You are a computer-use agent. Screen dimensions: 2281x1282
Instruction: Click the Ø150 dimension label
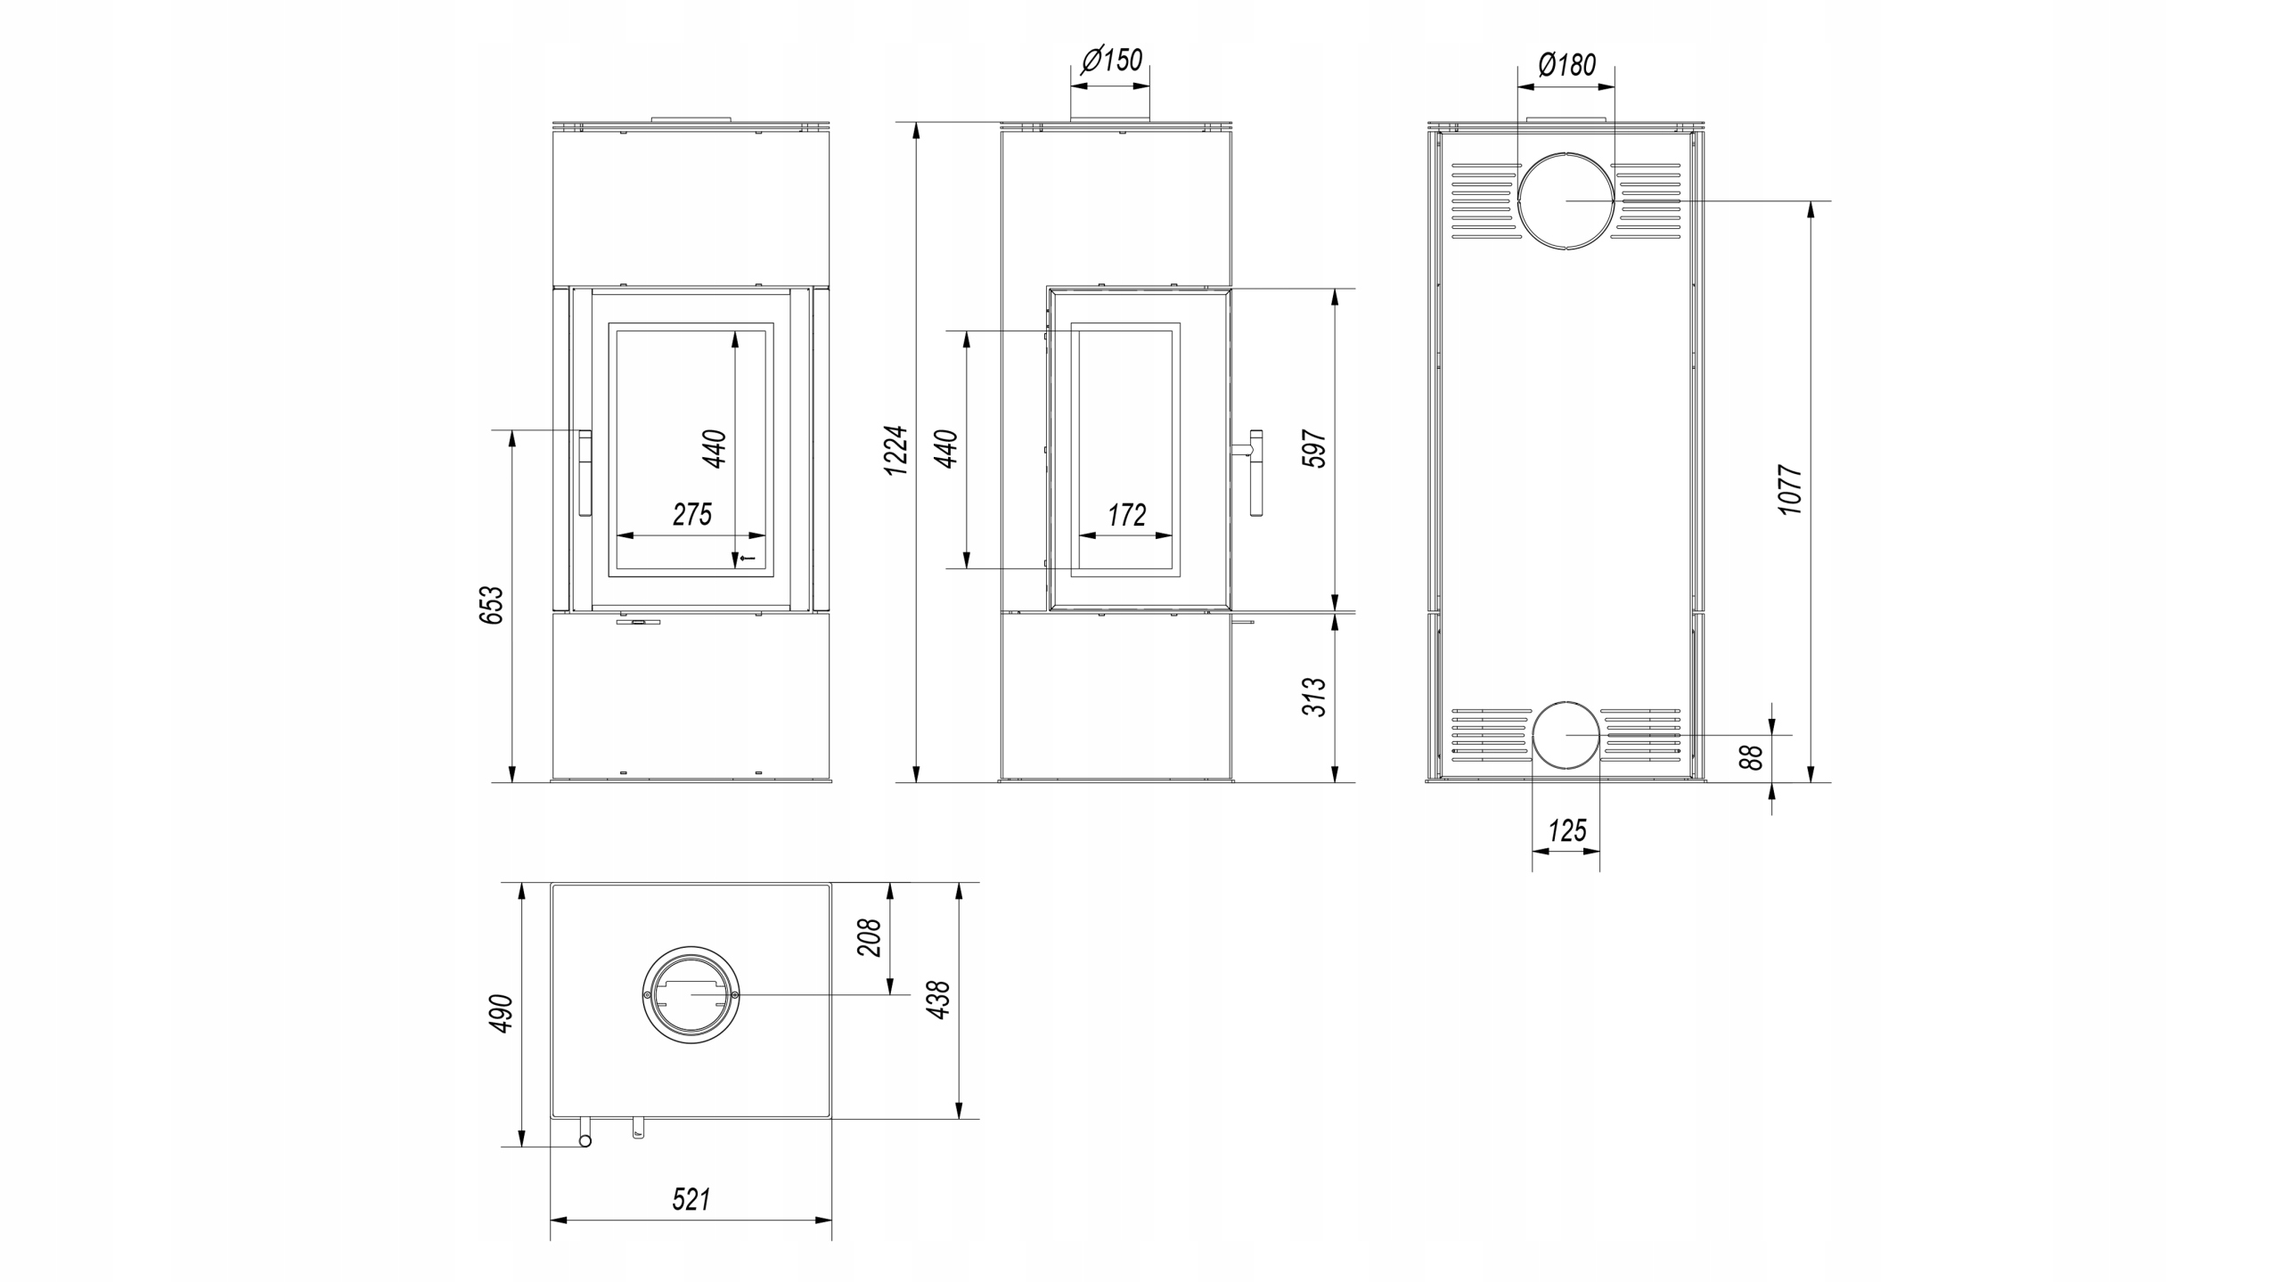click(1111, 61)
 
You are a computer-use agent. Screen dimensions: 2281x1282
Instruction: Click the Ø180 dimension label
click(1567, 64)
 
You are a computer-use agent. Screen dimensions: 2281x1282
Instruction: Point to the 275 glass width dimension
click(692, 514)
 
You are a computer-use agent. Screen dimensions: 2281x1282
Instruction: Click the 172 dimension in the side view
click(1127, 514)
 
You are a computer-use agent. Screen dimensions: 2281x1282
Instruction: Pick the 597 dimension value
click(1314, 449)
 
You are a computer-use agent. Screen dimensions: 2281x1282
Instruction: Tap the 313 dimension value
click(1314, 697)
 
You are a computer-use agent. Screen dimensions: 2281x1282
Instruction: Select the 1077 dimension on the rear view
click(1790, 489)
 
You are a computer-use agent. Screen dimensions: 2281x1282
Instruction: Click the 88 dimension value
click(1751, 757)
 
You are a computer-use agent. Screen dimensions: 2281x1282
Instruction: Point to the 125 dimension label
click(1567, 830)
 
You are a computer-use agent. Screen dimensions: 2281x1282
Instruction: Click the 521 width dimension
click(691, 1199)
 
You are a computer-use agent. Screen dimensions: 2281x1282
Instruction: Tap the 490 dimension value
click(503, 1013)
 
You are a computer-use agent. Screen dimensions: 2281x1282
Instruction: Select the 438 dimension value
click(938, 999)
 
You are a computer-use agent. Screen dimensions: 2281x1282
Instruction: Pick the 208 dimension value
click(869, 937)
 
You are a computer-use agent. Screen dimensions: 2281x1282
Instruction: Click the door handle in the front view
click(585, 472)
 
